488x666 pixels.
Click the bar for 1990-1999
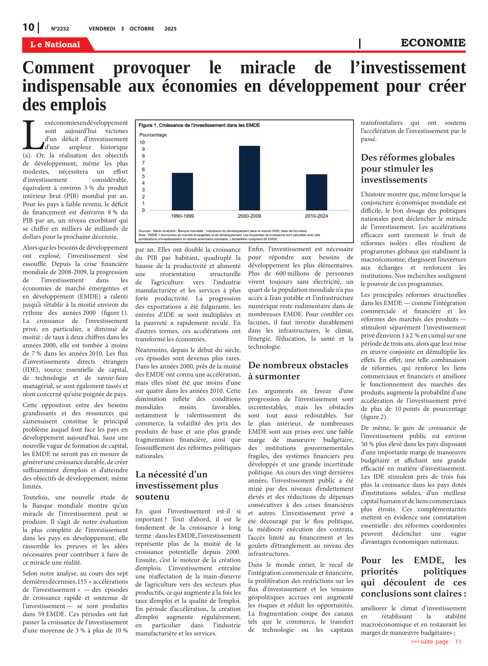[182, 191]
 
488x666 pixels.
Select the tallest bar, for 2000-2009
[249, 178]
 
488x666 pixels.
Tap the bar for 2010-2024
[316, 192]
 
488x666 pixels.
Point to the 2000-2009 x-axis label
[249, 216]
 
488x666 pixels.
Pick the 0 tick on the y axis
[144, 210]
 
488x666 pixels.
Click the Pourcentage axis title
[153, 135]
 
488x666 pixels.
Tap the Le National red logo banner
[55, 44]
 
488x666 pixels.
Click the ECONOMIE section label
[433, 43]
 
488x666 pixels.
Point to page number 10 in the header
[29, 28]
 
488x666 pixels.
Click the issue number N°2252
[60, 29]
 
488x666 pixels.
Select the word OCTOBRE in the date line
[142, 29]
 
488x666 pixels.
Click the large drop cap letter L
[33, 135]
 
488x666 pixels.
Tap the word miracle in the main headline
[268, 68]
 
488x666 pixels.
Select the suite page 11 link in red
[436, 641]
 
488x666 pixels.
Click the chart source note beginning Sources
[223, 231]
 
